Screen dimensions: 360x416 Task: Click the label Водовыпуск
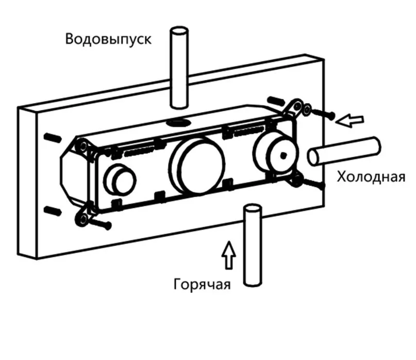[x=108, y=39]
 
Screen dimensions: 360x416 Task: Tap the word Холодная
[x=371, y=177]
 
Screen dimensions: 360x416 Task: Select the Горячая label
[x=202, y=284]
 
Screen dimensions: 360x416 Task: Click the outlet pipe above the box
[x=179, y=67]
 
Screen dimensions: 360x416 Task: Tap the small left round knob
[x=120, y=179]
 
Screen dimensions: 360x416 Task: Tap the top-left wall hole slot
[x=51, y=137]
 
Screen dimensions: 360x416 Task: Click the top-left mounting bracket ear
[x=80, y=146]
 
